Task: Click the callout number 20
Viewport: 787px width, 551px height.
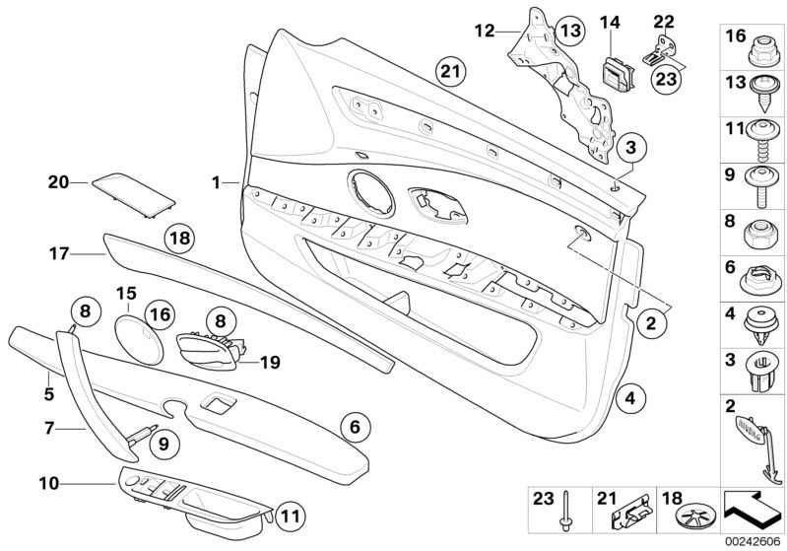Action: (x=58, y=181)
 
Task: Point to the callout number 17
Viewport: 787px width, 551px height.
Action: (x=58, y=253)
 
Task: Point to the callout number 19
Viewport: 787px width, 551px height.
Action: (x=269, y=363)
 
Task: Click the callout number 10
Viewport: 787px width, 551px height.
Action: (x=49, y=483)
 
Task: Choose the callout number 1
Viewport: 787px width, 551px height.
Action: (x=216, y=182)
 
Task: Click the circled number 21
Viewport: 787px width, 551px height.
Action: (x=449, y=71)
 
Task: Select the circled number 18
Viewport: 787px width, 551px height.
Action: (x=178, y=238)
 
